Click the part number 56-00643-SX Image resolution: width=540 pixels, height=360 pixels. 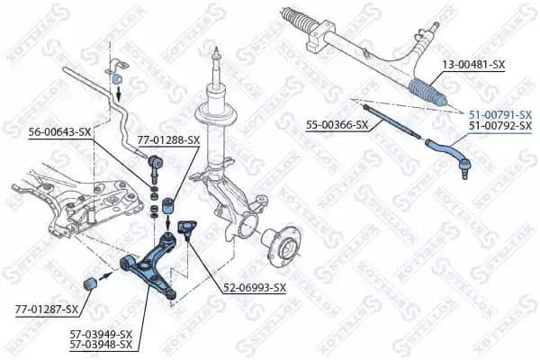(59, 131)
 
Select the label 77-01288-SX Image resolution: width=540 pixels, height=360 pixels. (168, 140)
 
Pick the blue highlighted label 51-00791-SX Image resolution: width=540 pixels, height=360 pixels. (499, 114)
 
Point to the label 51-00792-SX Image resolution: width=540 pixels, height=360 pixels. (499, 126)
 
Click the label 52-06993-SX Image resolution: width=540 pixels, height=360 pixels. (255, 288)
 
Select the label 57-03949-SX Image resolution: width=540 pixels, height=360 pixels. (101, 333)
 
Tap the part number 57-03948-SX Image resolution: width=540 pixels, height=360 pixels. (101, 344)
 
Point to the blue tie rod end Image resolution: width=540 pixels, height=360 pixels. (450, 151)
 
